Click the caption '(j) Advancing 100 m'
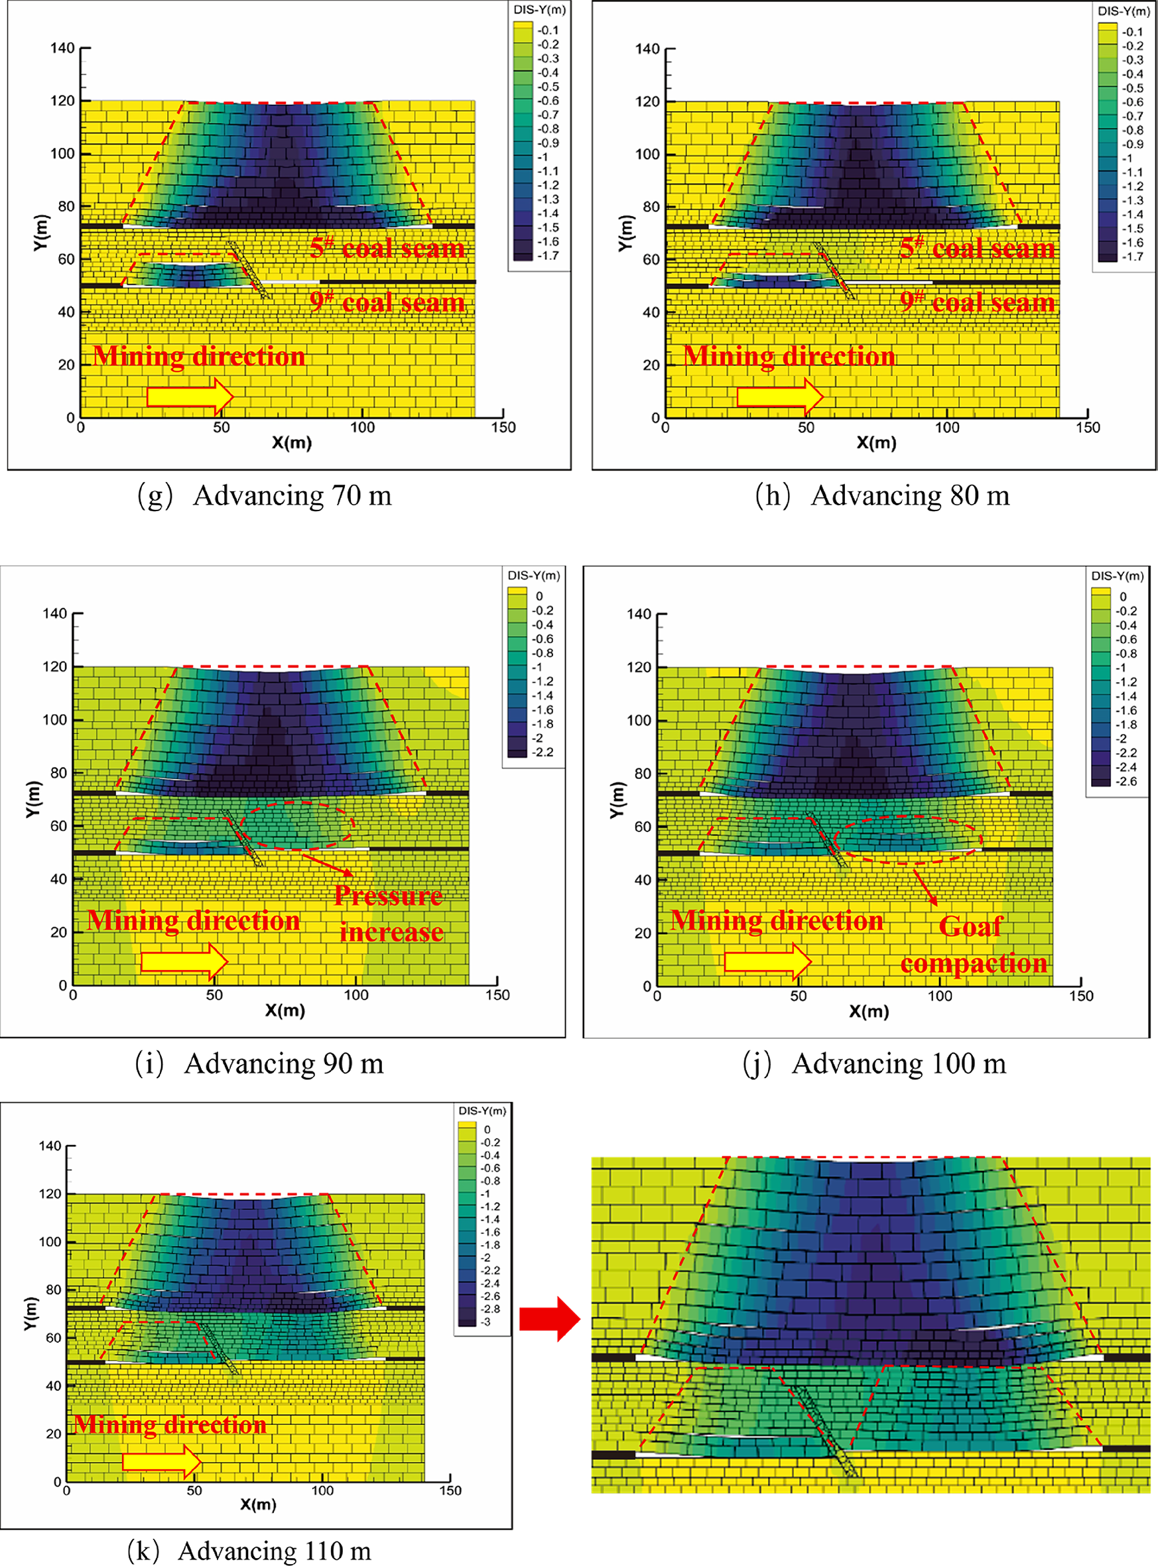[874, 1064]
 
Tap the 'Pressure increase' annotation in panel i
[389, 914]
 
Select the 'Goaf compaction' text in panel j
[973, 945]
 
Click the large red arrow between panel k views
[550, 1319]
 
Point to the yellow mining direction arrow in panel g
[190, 396]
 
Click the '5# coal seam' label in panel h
[977, 248]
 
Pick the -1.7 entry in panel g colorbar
[547, 256]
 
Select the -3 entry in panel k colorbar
[486, 1322]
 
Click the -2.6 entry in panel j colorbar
[1126, 781]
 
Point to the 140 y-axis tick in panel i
[54, 614]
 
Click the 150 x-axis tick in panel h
[1088, 428]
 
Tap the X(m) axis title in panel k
[258, 1504]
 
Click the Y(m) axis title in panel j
[615, 800]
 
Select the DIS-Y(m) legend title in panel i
[533, 575]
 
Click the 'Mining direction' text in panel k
[170, 1425]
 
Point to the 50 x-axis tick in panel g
[222, 428]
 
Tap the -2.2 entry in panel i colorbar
[543, 753]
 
